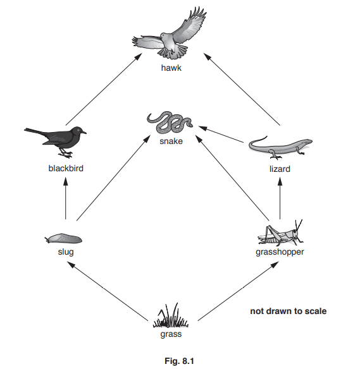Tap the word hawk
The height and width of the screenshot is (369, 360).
(171, 68)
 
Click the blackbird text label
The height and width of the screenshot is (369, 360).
(66, 169)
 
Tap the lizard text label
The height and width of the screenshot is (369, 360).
(279, 169)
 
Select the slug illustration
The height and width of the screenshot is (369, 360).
(63, 239)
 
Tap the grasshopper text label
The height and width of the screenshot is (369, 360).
(280, 251)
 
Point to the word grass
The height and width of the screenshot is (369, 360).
(171, 334)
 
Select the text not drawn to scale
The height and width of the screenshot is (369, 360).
(288, 311)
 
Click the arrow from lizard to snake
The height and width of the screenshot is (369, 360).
(221, 133)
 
